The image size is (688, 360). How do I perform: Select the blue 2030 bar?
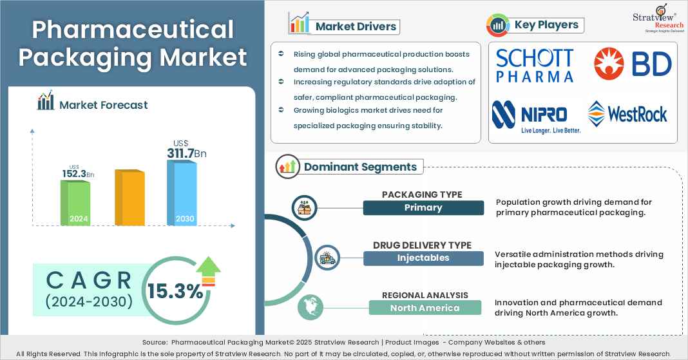coord(181,193)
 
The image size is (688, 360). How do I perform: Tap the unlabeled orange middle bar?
coord(128,198)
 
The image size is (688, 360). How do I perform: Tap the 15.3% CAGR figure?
coord(175,291)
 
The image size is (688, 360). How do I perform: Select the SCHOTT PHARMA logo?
coord(535,66)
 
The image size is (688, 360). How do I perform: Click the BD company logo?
coord(632,64)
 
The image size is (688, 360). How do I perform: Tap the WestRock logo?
coord(627,114)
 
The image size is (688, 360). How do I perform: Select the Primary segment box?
coord(423,207)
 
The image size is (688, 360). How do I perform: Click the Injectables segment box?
coord(423,258)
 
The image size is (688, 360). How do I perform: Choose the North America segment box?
coord(425,308)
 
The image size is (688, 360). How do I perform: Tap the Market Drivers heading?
coord(356,26)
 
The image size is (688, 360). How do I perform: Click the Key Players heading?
coord(547,25)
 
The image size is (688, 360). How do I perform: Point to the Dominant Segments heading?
coord(360,167)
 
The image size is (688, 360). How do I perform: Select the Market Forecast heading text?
coord(103,105)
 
